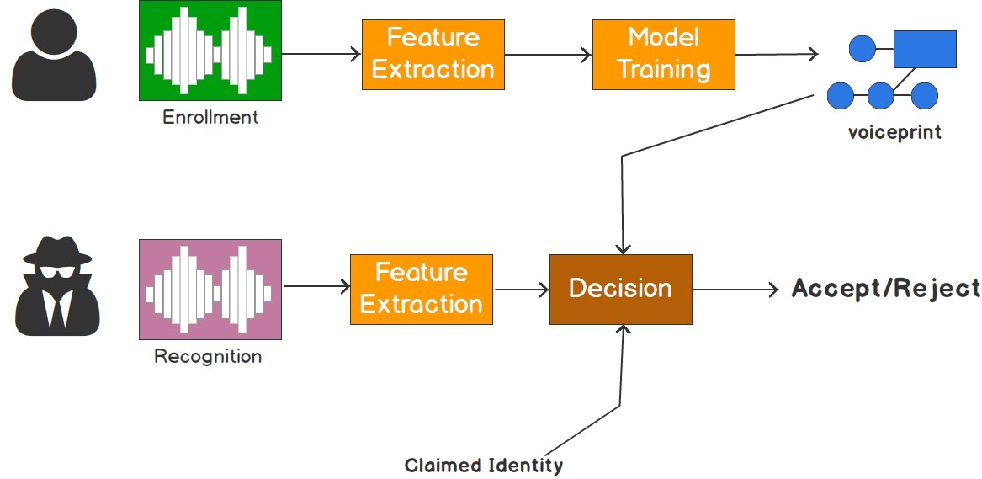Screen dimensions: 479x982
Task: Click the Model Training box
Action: (663, 54)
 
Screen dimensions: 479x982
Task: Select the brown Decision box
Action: (620, 289)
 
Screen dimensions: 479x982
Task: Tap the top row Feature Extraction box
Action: (433, 54)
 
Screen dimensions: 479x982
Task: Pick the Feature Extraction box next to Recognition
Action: (421, 289)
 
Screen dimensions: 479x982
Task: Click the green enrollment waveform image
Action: (209, 51)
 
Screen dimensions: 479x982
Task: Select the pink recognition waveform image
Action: (209, 288)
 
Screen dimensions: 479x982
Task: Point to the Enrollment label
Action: (210, 117)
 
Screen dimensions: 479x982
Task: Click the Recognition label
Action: (208, 356)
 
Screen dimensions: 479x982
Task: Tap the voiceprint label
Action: (894, 133)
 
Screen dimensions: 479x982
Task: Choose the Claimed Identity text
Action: (483, 466)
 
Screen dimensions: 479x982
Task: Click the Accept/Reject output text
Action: (885, 289)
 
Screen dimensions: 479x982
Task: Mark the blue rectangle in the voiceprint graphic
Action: (924, 49)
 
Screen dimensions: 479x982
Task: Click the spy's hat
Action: (56, 250)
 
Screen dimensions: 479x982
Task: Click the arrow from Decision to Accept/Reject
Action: (736, 289)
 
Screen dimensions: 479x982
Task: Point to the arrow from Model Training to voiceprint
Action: (776, 55)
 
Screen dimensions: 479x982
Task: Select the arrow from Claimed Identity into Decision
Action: (621, 370)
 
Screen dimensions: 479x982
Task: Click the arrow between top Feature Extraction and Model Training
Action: (548, 55)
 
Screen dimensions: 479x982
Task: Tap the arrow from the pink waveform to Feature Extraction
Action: (316, 287)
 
